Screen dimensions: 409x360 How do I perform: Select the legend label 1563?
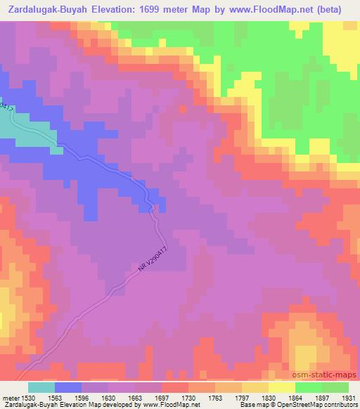pos(57,397)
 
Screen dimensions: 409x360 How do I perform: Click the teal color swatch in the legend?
pos(41,387)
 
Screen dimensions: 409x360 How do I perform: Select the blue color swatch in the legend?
pos(68,387)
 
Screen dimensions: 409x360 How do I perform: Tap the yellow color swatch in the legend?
pos(281,387)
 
